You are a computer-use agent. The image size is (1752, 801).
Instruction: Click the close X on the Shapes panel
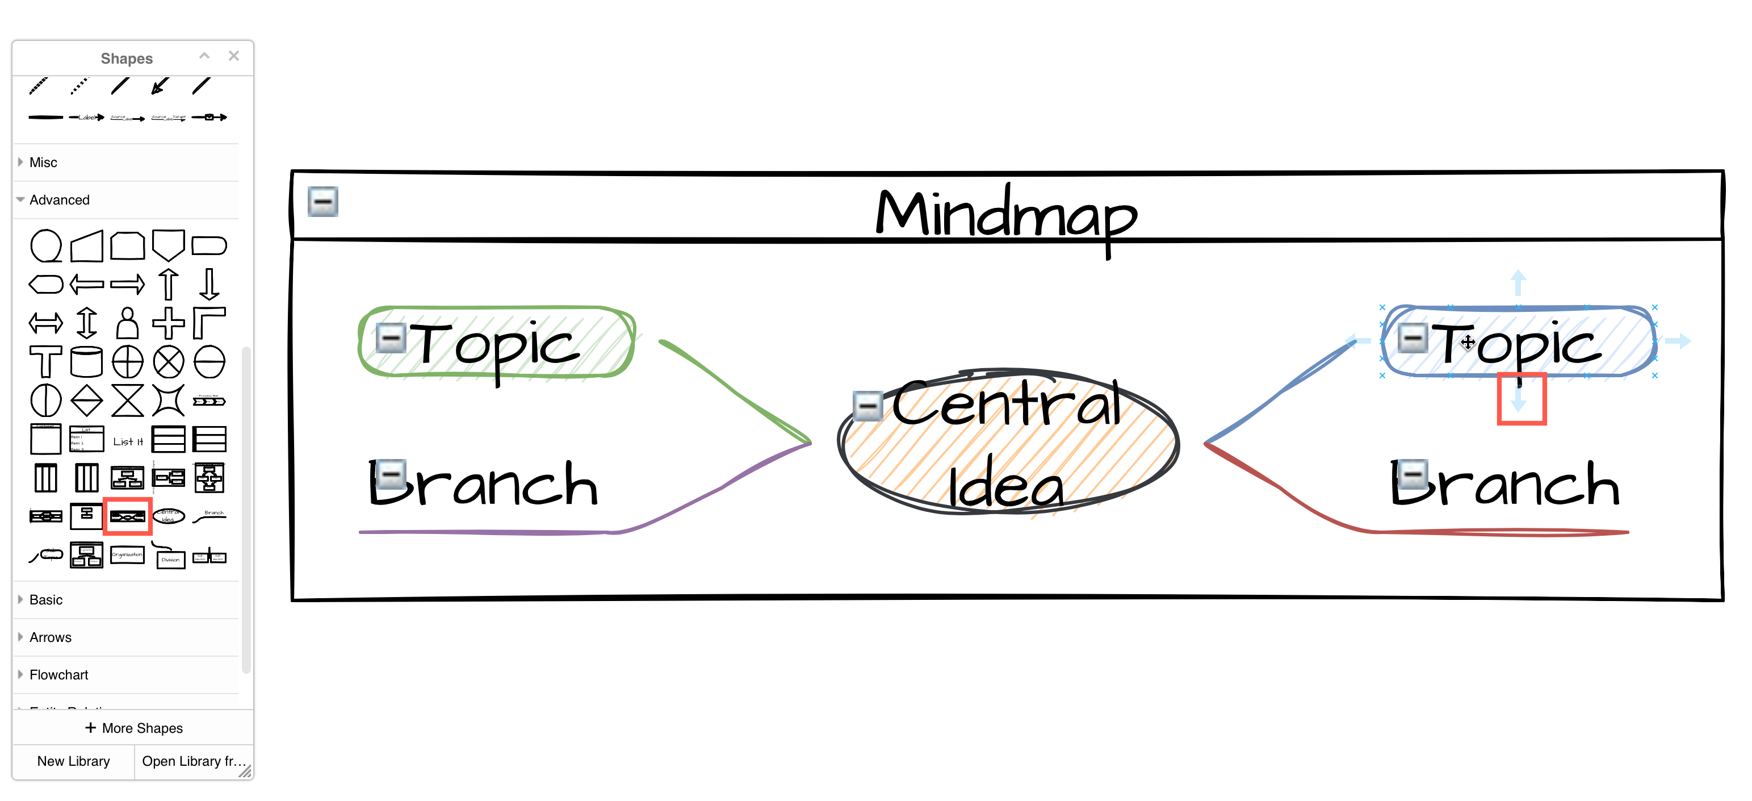233,56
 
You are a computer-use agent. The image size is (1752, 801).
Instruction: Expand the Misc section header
44,162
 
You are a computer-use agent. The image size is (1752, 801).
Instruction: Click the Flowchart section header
58,674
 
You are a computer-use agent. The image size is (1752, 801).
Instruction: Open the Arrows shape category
51,637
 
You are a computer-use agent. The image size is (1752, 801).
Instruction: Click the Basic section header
45,599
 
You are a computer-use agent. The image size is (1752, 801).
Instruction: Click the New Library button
73,761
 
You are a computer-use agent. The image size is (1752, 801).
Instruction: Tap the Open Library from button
194,761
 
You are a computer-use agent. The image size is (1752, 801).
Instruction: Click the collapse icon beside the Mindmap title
322,202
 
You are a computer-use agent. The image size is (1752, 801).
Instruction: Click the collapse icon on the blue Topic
1412,337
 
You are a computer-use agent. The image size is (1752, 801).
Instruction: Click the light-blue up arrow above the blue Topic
1518,281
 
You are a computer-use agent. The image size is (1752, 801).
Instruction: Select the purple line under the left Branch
476,532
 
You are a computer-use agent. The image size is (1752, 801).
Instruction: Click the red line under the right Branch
1497,532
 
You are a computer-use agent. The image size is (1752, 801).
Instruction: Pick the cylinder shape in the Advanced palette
86,361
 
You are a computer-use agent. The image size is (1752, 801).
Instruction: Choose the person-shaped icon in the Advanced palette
127,323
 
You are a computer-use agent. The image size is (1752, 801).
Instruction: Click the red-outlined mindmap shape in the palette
127,516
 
